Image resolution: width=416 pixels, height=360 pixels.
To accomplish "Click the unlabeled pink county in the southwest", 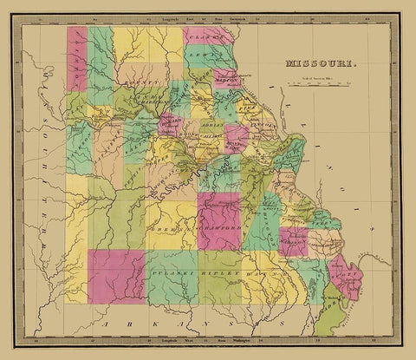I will (x=115, y=276).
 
